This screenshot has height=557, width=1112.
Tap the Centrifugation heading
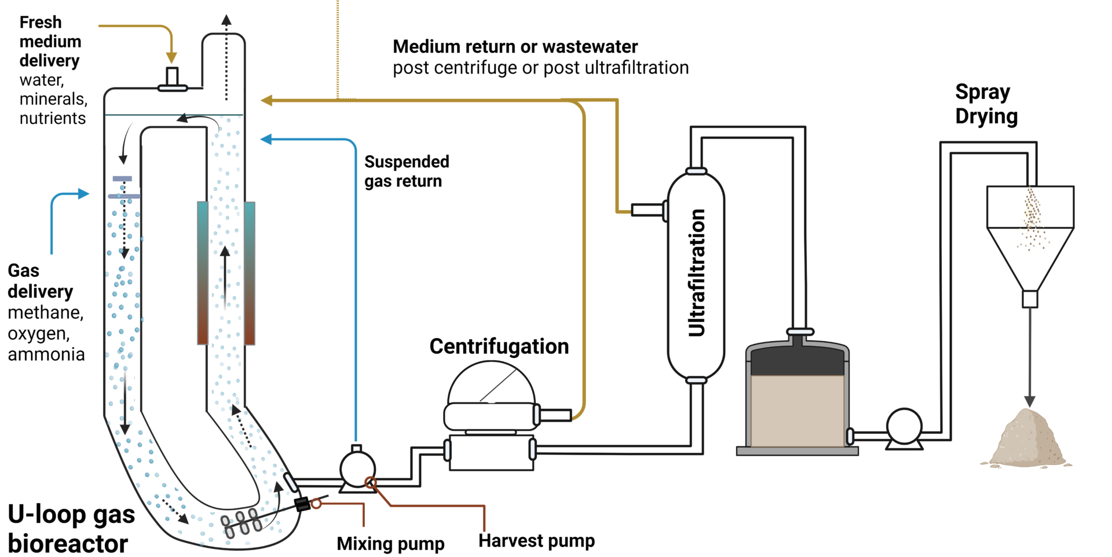(499, 346)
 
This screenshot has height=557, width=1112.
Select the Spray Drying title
(986, 104)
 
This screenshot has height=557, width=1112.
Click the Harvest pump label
(536, 541)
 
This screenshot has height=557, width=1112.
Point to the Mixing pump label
(390, 544)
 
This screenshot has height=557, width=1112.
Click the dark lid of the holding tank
(797, 361)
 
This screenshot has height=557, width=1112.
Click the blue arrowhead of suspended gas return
(266, 139)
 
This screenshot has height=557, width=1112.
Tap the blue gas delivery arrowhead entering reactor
(84, 193)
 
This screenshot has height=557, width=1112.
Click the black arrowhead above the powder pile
(1029, 401)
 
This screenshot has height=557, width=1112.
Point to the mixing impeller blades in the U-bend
(242, 522)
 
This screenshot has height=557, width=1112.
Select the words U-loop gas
(71, 514)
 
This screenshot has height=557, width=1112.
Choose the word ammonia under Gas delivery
(46, 354)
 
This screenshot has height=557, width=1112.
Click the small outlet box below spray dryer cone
(1029, 299)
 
